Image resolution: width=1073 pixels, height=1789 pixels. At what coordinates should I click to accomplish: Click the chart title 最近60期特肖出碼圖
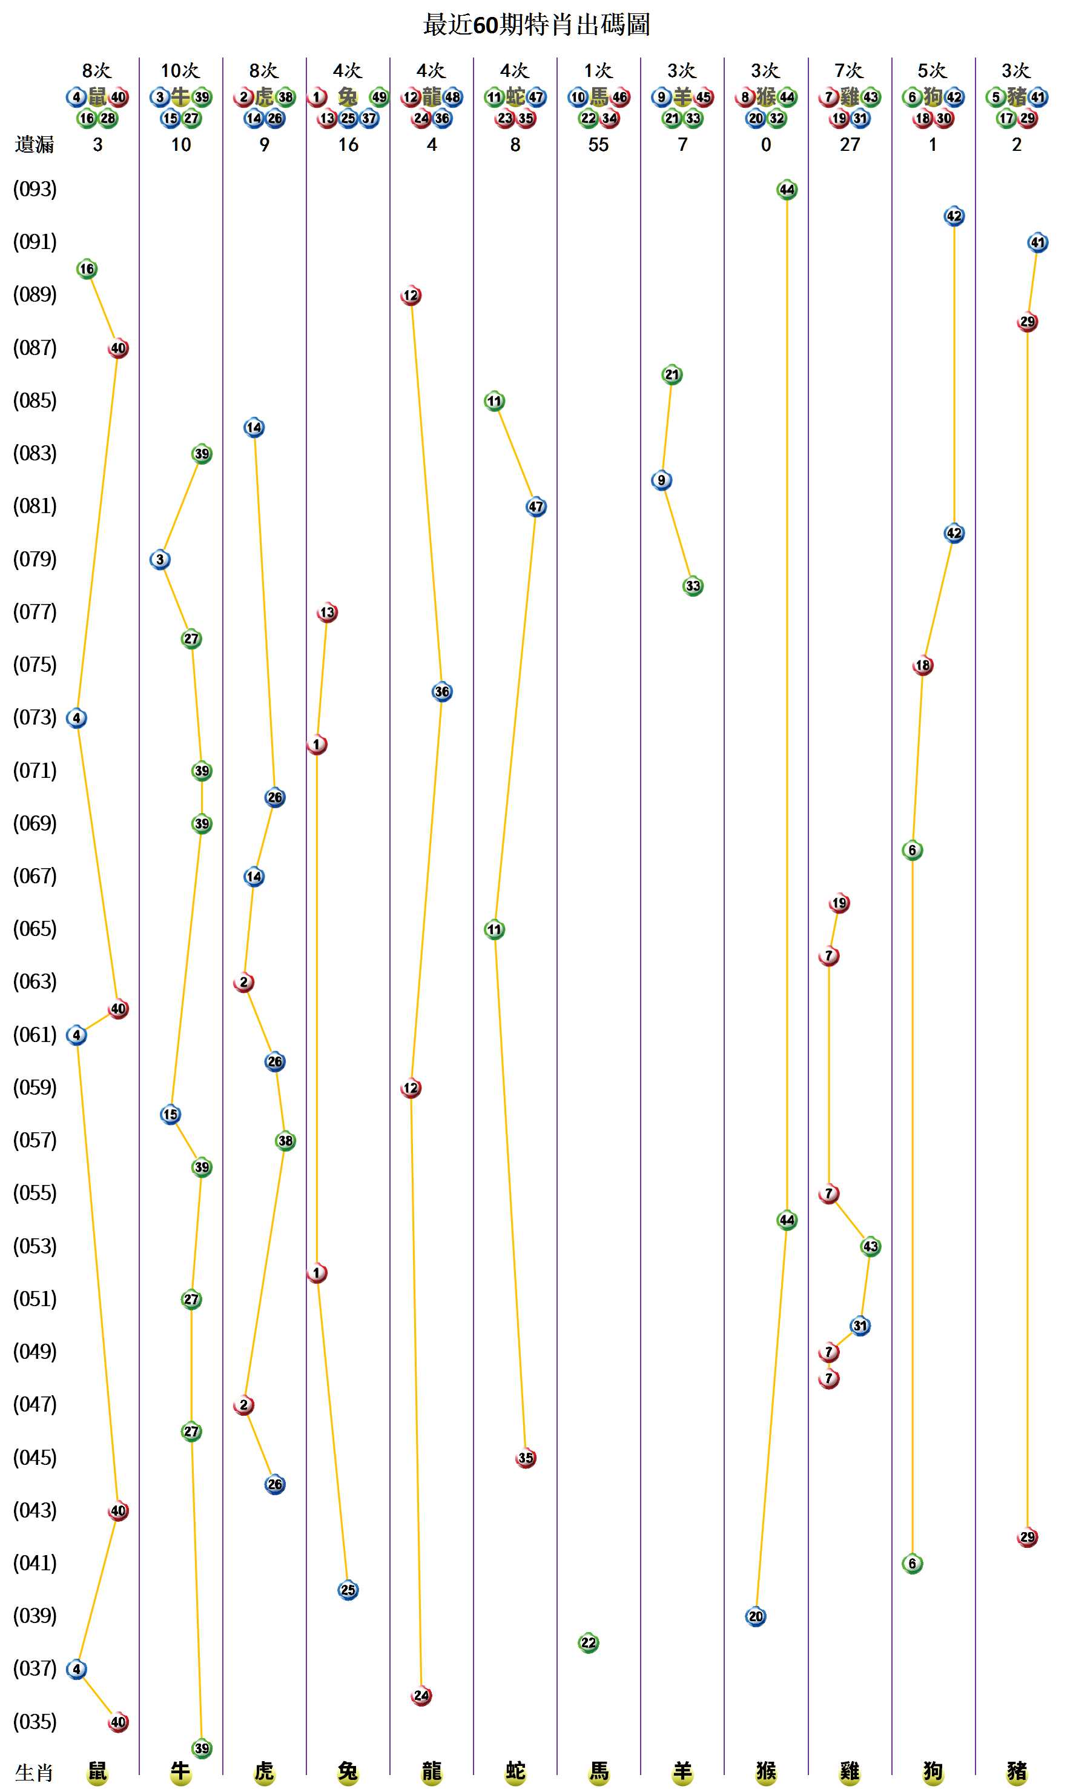[536, 25]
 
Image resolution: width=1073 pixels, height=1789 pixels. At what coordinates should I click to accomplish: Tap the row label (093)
[35, 189]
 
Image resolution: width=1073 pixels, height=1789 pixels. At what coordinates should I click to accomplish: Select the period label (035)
[35, 1721]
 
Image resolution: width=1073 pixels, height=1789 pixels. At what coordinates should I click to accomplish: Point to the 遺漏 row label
[34, 145]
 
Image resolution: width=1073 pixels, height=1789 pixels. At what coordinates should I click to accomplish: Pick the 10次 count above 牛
[180, 70]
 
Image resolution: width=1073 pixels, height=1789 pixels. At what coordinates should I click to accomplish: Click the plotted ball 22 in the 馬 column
[589, 1642]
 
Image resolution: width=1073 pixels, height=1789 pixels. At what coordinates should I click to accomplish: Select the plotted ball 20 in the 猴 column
[756, 1616]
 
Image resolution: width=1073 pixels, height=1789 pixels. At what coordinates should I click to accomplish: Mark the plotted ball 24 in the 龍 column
[421, 1695]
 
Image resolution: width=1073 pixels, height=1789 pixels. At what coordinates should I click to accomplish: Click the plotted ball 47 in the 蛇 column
[536, 506]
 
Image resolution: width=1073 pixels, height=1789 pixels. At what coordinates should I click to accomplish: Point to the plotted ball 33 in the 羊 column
[693, 586]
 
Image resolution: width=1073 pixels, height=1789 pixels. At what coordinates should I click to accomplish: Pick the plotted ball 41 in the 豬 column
[1037, 242]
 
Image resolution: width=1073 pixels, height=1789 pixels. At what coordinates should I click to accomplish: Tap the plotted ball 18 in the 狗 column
[923, 665]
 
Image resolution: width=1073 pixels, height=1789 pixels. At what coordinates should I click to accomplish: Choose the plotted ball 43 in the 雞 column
[871, 1246]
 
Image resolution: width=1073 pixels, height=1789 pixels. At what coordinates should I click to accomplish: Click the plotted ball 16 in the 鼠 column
[87, 269]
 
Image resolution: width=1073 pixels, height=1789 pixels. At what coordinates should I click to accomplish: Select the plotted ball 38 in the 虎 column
[286, 1141]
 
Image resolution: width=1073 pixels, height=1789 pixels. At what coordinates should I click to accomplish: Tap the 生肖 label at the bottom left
[34, 1771]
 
